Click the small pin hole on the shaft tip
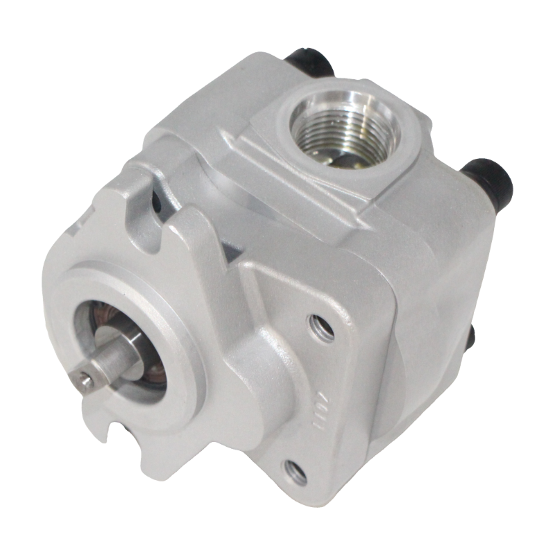point(85,378)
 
